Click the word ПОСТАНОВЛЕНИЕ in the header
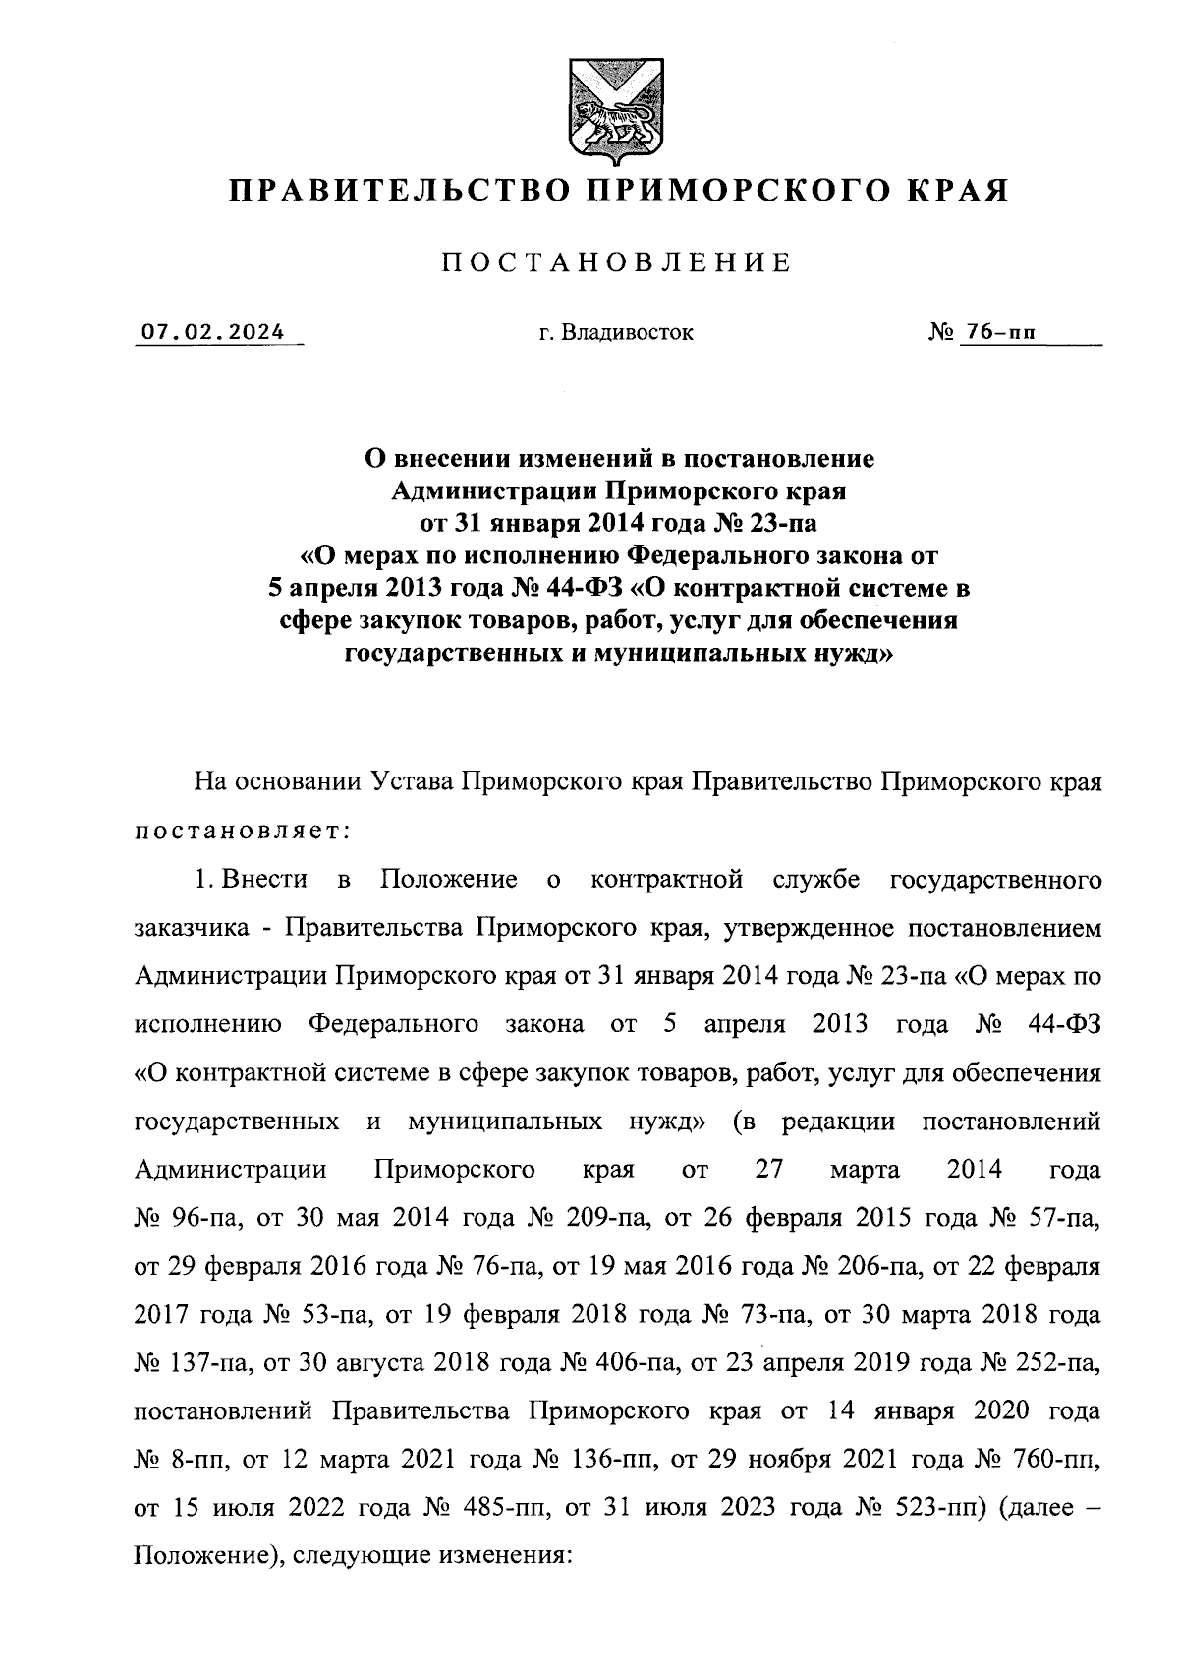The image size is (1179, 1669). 618,263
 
